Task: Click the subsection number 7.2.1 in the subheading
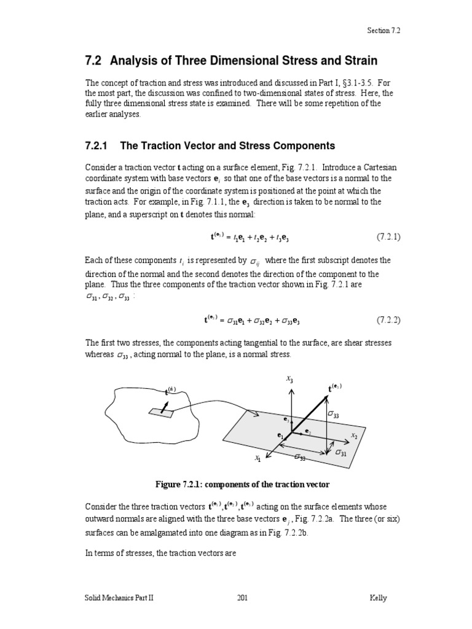(96, 146)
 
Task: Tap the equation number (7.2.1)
(388, 236)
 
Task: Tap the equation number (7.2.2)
(388, 320)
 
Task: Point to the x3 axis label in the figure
(289, 380)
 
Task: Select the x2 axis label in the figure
(354, 435)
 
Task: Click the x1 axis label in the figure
(258, 458)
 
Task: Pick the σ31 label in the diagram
(340, 453)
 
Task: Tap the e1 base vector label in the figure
(281, 436)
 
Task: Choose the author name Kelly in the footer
(378, 598)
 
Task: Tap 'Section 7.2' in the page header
(385, 29)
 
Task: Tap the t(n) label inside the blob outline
(171, 389)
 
